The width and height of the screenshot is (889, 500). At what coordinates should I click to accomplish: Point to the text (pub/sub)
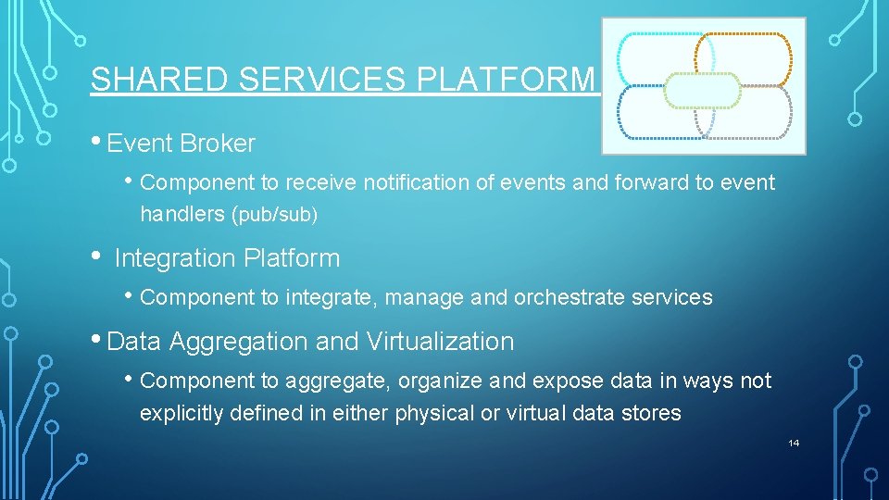click(x=277, y=215)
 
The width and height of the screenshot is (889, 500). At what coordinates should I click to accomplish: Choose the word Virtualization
click(x=440, y=342)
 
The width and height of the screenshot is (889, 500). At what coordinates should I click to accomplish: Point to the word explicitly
click(x=182, y=413)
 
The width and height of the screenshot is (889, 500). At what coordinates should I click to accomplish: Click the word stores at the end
click(x=653, y=413)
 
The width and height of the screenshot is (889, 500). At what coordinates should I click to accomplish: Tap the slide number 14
click(x=794, y=444)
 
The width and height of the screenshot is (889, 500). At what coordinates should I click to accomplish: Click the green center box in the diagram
click(x=704, y=91)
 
